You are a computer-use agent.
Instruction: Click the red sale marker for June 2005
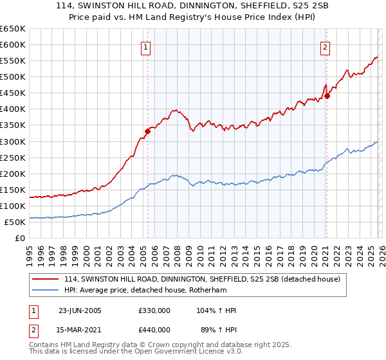point(148,131)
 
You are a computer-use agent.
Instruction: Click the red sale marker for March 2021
point(327,96)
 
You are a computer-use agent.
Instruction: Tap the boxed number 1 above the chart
point(147,47)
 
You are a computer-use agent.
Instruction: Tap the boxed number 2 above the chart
point(326,47)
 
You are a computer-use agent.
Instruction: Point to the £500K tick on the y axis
point(12,77)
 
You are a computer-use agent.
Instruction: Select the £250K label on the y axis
point(12,157)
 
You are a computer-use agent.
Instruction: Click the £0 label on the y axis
point(19,238)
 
